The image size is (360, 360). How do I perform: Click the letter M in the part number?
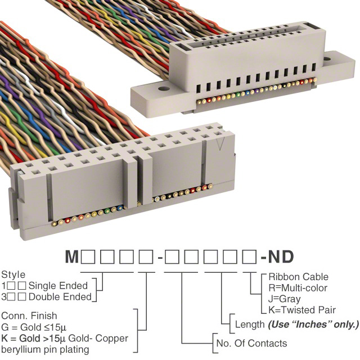click(x=72, y=257)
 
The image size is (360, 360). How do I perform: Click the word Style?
click(x=13, y=275)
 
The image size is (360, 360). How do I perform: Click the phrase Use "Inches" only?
click(x=313, y=325)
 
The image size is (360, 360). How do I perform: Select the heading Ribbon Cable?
click(x=298, y=277)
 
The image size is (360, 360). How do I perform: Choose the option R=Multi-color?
click(x=299, y=288)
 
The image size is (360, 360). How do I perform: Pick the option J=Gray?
click(x=284, y=299)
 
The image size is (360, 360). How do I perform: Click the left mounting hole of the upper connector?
click(x=163, y=89)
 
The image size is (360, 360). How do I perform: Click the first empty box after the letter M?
click(x=87, y=257)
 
